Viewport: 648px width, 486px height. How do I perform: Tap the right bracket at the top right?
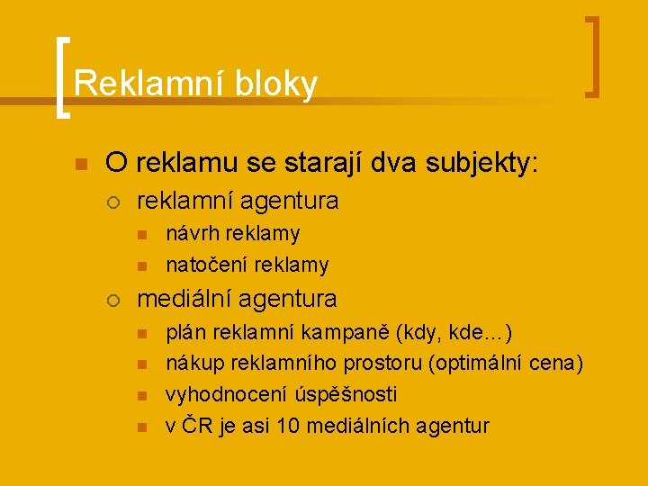[x=592, y=56]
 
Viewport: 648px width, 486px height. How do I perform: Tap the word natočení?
[x=207, y=265]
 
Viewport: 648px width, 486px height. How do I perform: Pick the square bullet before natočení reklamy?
[x=141, y=265]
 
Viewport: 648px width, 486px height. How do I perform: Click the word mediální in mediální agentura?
[x=186, y=298]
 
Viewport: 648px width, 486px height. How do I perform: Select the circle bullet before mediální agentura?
[x=113, y=299]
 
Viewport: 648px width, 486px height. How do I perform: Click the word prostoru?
[x=385, y=364]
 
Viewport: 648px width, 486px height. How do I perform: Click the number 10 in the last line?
[x=290, y=426]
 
